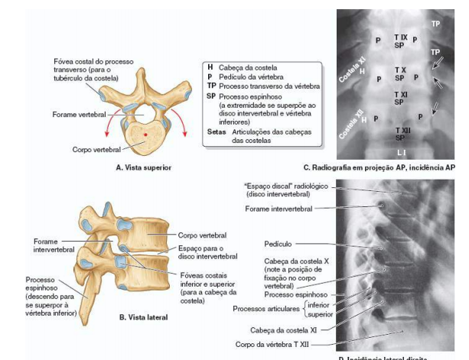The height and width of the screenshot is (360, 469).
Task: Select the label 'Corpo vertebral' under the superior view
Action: [x=93, y=151]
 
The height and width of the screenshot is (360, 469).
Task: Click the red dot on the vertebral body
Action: [x=146, y=136]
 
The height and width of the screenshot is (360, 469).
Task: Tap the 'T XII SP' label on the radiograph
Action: [x=401, y=135]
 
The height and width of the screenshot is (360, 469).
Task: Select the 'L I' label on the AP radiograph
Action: [x=402, y=153]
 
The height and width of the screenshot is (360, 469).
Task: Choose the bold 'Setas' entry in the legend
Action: [x=217, y=131]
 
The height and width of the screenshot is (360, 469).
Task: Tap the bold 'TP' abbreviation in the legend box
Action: [x=211, y=87]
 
